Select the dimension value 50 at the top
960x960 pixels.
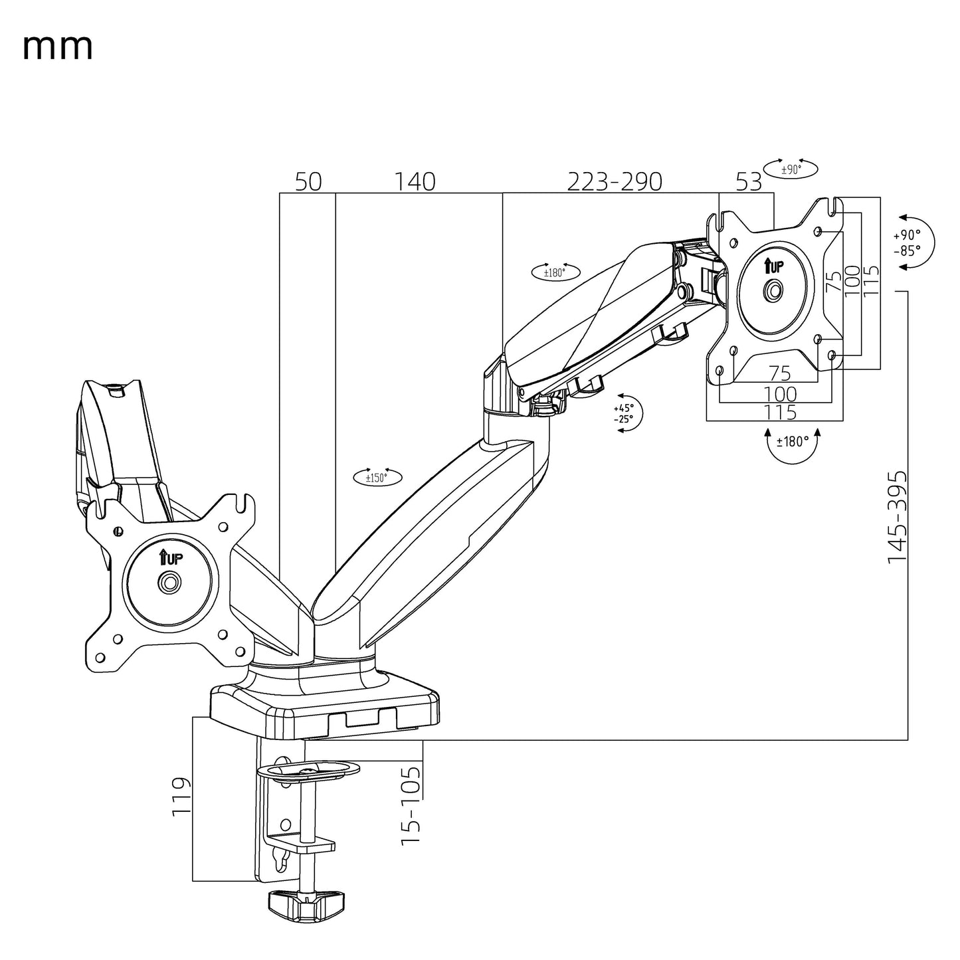(x=308, y=181)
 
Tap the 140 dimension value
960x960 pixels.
(x=415, y=181)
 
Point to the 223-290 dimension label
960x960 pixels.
(x=614, y=181)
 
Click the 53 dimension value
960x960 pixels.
(x=749, y=181)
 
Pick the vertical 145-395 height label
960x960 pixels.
(x=897, y=518)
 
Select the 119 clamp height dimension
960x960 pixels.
(x=181, y=797)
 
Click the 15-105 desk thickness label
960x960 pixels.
(x=411, y=805)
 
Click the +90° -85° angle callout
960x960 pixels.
(x=908, y=242)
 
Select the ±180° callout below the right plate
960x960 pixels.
(x=791, y=441)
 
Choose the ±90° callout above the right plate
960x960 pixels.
(x=791, y=169)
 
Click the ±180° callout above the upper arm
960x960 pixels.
(x=555, y=272)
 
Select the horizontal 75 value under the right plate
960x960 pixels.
(x=780, y=372)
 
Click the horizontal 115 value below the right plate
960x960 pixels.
(x=780, y=412)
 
